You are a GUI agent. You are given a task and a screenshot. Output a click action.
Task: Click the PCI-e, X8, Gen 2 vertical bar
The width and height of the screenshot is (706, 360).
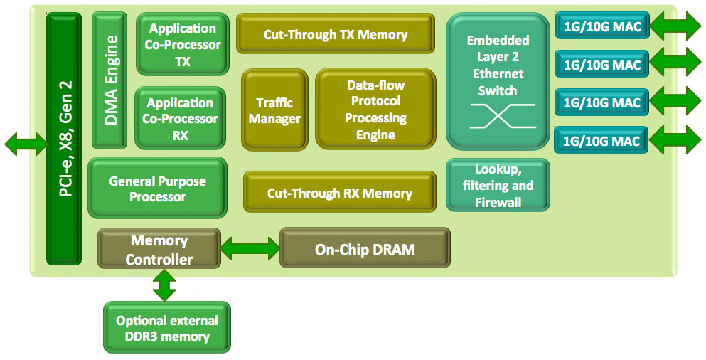click(x=64, y=138)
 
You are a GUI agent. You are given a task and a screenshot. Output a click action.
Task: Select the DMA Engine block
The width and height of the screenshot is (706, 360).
click(x=109, y=80)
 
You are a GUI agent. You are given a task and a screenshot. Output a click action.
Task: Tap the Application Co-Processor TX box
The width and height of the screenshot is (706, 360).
click(x=182, y=44)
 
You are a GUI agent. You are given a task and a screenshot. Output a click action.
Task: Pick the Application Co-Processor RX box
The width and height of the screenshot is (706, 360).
click(x=180, y=118)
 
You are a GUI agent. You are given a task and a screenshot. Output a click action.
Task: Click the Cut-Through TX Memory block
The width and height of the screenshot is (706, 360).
click(x=336, y=33)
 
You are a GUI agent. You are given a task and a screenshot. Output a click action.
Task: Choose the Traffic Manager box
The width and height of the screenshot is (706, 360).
click(x=274, y=110)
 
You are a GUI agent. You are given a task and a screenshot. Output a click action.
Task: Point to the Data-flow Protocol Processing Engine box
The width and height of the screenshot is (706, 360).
click(x=375, y=109)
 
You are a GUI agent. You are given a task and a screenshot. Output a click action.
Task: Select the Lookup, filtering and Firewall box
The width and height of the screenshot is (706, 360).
click(x=498, y=185)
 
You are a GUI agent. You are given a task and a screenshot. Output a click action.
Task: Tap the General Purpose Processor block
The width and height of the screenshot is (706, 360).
click(x=158, y=188)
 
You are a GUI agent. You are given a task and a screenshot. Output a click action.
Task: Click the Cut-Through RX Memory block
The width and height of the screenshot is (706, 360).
click(x=340, y=192)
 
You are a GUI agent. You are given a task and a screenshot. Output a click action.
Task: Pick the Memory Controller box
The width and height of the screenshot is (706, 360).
click(x=159, y=249)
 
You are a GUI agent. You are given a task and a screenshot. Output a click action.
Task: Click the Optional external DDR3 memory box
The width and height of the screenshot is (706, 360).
click(x=167, y=327)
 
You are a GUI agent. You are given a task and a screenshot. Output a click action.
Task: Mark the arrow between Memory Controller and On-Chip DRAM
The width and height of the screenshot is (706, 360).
click(x=250, y=248)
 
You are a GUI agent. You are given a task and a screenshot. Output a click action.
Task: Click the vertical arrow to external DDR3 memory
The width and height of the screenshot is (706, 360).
click(x=164, y=285)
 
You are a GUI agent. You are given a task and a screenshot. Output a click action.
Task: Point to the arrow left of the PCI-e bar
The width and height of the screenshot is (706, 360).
click(x=26, y=144)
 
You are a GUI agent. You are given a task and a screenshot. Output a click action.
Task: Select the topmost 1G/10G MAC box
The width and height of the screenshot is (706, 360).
click(x=602, y=26)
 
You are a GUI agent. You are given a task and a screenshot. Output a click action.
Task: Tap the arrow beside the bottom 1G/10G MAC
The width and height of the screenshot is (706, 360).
click(x=675, y=139)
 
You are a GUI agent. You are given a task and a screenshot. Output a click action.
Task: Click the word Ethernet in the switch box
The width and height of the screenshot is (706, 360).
click(x=498, y=73)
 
